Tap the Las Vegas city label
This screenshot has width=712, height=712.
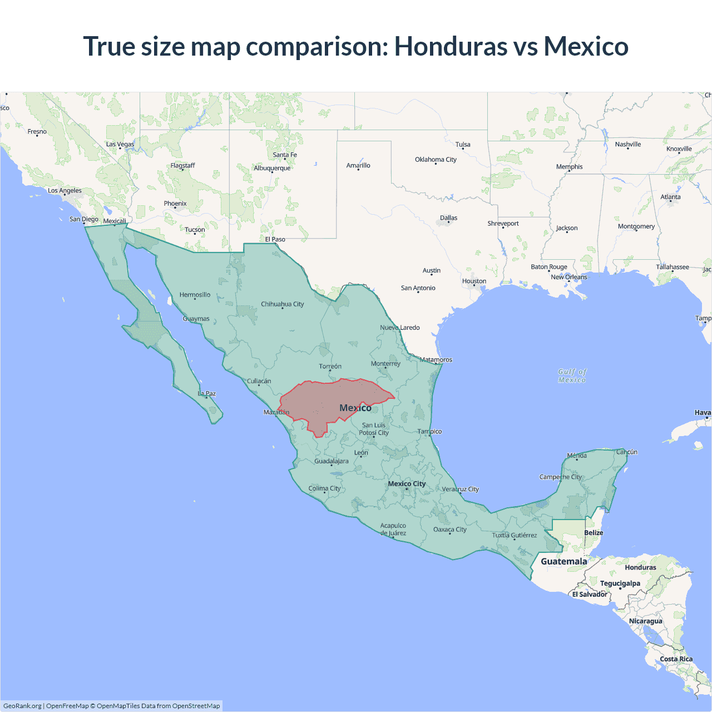point(120,144)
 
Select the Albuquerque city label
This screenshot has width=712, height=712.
point(272,168)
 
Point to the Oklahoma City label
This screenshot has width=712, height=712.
point(436,160)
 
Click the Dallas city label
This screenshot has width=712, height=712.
point(448,218)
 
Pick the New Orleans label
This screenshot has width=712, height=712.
point(568,277)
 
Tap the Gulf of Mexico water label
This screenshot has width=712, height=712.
point(572,375)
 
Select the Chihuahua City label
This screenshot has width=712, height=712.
point(282,304)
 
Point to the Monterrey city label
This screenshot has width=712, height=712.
point(385,364)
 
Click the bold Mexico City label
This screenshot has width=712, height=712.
point(407,484)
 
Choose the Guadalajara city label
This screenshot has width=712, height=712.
point(332,461)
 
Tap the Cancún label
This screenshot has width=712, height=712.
point(626,452)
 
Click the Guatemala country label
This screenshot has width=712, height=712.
point(563,561)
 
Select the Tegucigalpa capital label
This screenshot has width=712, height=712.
point(620,584)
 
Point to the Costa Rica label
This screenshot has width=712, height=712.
point(676,659)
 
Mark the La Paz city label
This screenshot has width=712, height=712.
point(207,393)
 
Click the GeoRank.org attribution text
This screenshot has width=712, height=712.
point(22,706)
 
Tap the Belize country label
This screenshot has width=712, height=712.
point(594,533)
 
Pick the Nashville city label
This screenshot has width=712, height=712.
point(627,145)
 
